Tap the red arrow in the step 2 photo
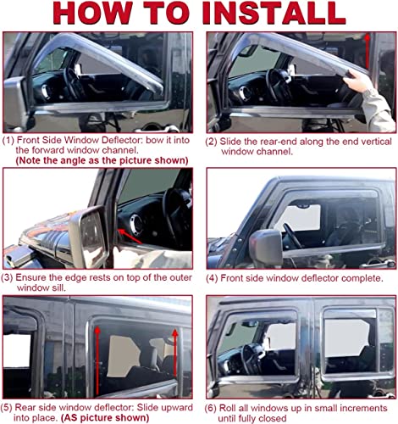(x=367, y=51)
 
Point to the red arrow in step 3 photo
(x=130, y=236)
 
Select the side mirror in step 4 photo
(x=266, y=248)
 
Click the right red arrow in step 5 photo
(x=175, y=352)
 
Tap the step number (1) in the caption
(x=8, y=140)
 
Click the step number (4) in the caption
(x=212, y=278)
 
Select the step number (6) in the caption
(x=211, y=408)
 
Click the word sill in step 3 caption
(x=59, y=288)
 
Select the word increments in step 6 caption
(x=363, y=408)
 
